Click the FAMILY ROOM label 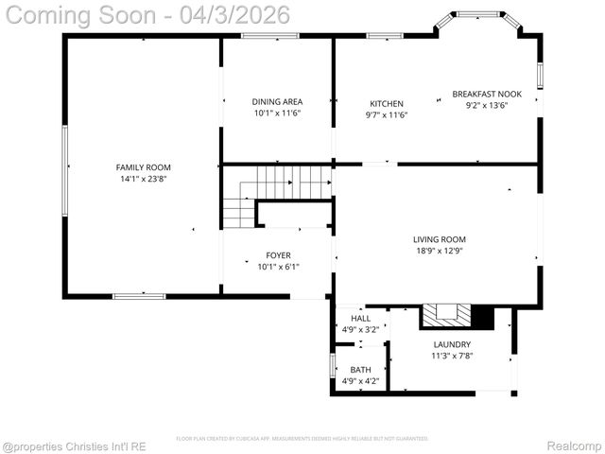[x=144, y=167]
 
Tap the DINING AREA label [x=277, y=102]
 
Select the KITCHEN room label [x=386, y=104]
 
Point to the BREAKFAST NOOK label [x=486, y=95]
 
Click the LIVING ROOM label [x=439, y=240]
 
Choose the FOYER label [x=278, y=255]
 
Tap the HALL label [x=360, y=319]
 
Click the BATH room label [x=360, y=370]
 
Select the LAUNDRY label [x=452, y=345]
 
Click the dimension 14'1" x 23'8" [x=144, y=179]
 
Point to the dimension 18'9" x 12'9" [x=439, y=252]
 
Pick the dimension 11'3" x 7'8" [x=452, y=357]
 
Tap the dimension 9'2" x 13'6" [x=486, y=106]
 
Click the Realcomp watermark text [x=574, y=445]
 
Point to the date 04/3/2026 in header [x=236, y=16]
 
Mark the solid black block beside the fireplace [x=482, y=317]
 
